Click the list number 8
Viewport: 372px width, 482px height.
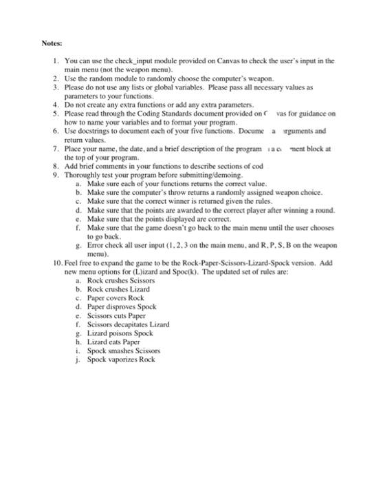pos(55,166)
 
